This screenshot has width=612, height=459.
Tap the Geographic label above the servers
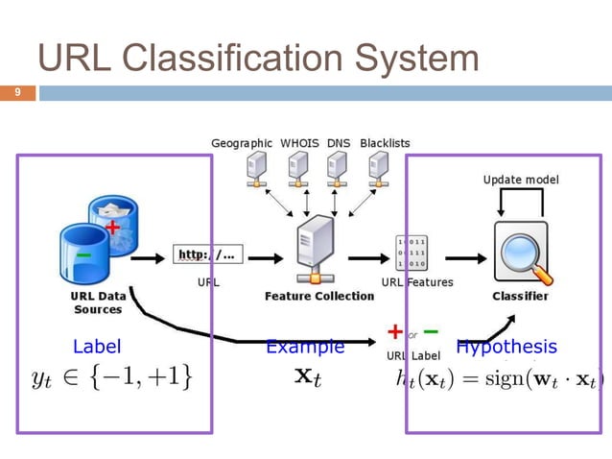coord(242,143)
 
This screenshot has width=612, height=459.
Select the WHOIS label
coord(300,143)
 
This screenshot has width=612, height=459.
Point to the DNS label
coord(339,143)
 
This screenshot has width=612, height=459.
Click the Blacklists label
coord(385,143)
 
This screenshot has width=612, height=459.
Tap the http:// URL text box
coord(208,255)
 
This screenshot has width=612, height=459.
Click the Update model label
coord(520,180)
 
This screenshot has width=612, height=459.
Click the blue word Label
coord(97,347)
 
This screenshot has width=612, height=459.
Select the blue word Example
coord(305,347)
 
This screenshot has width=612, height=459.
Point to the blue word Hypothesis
coord(506,347)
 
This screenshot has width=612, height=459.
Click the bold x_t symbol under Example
coord(307,377)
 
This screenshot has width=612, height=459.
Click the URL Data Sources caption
coord(98,302)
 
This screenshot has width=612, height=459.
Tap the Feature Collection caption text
coord(319,296)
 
